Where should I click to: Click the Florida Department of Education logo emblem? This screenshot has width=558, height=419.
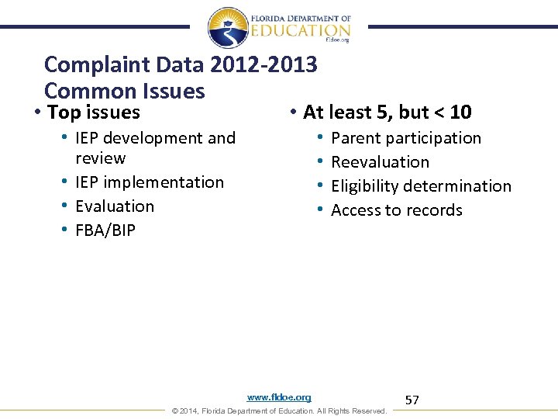coord(228,28)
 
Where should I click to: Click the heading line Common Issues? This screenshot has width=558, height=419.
coord(124,91)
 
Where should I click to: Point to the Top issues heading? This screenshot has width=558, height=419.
coord(93,113)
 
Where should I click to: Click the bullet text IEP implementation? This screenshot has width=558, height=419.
coord(149,182)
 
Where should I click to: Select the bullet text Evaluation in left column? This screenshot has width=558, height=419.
coord(115,206)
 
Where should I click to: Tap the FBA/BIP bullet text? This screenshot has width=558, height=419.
coord(105,230)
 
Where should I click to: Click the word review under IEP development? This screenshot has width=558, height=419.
coord(100,158)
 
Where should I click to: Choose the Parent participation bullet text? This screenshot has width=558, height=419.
coord(406,138)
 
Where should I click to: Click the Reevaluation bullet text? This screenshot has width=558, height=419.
coord(380,162)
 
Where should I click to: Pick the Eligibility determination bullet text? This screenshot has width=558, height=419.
coord(421,186)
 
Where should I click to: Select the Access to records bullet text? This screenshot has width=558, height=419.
coord(396,210)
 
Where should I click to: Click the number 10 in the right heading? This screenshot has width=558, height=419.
coord(460,113)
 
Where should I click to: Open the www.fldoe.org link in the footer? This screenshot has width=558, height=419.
coord(279,397)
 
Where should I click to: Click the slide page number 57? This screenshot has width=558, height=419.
coord(412,400)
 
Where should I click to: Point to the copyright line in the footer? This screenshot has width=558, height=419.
coord(278,410)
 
